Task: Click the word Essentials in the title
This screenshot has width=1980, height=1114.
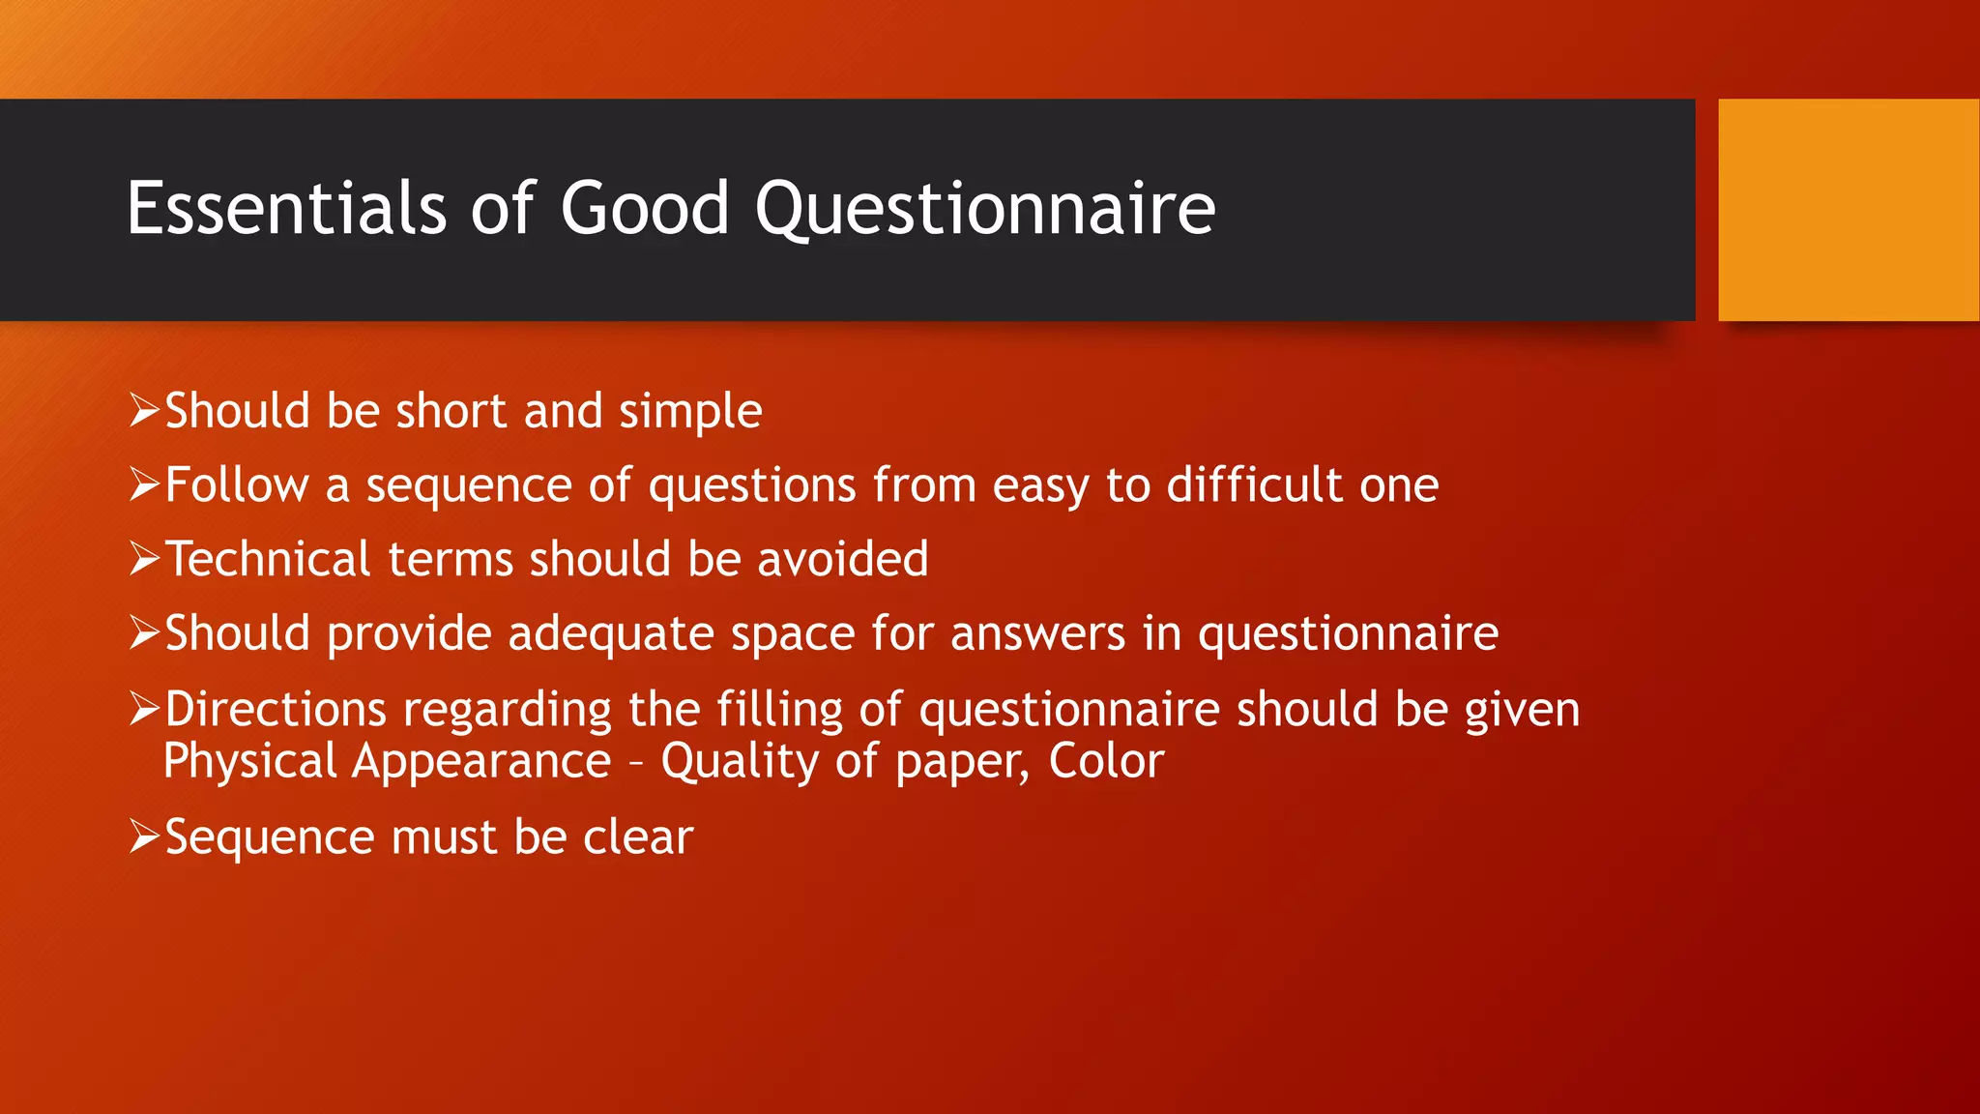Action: pos(286,208)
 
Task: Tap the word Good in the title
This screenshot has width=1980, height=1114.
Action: pos(644,208)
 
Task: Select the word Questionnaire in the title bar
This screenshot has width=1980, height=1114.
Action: pos(984,210)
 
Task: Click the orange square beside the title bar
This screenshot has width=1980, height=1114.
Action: pos(1848,210)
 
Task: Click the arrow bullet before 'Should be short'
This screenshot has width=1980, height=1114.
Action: pos(144,411)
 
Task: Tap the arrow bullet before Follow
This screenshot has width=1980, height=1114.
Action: pos(144,484)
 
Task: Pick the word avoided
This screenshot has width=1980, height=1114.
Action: pos(842,559)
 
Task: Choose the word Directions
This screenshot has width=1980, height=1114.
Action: pos(276,710)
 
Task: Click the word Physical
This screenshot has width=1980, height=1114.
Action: pos(249,762)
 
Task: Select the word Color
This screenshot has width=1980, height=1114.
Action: pos(1106,760)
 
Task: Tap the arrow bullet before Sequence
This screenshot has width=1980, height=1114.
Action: pos(144,836)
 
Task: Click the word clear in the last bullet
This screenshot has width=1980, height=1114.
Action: pos(638,836)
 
